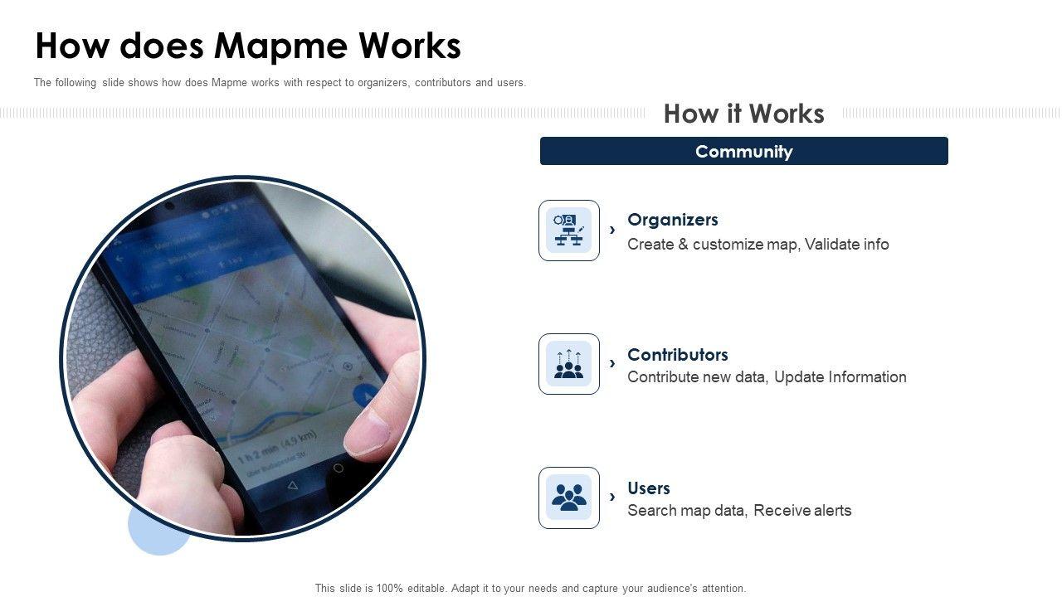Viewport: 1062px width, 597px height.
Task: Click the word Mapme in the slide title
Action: [281, 46]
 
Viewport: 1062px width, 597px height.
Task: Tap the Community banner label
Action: [744, 152]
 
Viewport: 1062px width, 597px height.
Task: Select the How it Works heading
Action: [744, 114]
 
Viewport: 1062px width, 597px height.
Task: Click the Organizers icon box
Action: [569, 231]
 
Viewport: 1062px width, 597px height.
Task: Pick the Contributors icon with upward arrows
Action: [569, 364]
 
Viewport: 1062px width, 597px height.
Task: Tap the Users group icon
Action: [569, 498]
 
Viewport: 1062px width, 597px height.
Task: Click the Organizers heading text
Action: [672, 220]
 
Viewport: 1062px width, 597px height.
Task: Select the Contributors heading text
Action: [678, 354]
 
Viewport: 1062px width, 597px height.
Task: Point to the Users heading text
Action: [649, 488]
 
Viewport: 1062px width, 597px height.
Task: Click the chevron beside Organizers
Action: [612, 231]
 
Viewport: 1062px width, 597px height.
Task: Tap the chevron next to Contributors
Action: [612, 363]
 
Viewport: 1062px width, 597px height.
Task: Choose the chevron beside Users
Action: [612, 497]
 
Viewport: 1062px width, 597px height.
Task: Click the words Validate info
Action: [847, 244]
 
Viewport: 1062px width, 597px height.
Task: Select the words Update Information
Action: [840, 376]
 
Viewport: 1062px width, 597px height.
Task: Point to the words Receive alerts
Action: [802, 510]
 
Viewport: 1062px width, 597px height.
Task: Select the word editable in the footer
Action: [426, 589]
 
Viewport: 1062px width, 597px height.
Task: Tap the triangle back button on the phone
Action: [293, 485]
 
